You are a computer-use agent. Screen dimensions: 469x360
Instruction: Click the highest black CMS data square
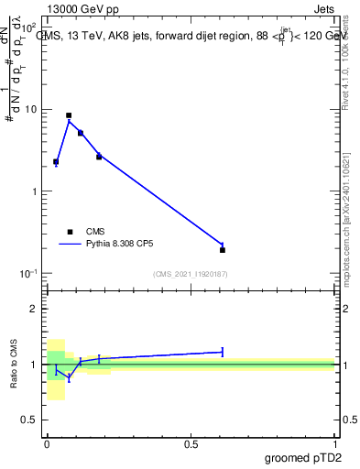pos(69,115)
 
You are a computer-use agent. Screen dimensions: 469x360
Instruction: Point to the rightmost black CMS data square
pos(223,250)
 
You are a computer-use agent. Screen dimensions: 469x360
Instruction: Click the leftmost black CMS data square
pos(56,161)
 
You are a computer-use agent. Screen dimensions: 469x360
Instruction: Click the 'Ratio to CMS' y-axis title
pos(14,365)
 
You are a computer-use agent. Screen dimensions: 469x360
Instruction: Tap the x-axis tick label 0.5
pos(191,443)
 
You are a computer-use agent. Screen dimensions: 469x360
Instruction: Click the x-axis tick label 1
pos(335,443)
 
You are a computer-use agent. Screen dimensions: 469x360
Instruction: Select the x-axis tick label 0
pos(47,443)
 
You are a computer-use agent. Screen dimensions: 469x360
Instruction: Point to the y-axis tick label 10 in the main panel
pos(30,110)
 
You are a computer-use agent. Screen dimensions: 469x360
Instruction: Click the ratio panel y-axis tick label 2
pos(34,309)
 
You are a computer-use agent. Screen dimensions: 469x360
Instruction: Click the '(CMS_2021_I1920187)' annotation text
pos(190,273)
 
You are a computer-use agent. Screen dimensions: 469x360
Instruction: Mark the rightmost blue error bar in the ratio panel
pos(223,352)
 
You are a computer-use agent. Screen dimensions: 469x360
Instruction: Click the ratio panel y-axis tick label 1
pos(34,365)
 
